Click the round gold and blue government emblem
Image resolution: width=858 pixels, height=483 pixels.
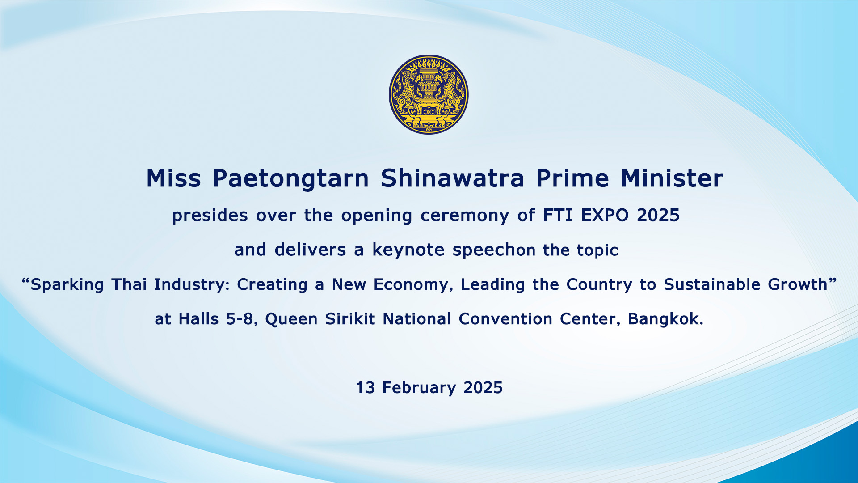[x=429, y=94]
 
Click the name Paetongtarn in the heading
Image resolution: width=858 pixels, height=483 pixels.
[x=290, y=179]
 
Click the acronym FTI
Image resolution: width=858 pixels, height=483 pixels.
[x=558, y=216]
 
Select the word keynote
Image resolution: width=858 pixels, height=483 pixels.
[x=408, y=250]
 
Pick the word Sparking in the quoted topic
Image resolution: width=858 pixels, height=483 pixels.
[x=67, y=285]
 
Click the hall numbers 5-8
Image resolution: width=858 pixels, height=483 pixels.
[x=240, y=319]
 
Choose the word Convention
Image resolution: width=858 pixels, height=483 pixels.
[x=505, y=319]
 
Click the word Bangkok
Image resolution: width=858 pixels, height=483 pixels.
[x=664, y=319]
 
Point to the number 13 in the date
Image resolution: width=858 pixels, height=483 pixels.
[x=365, y=388]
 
